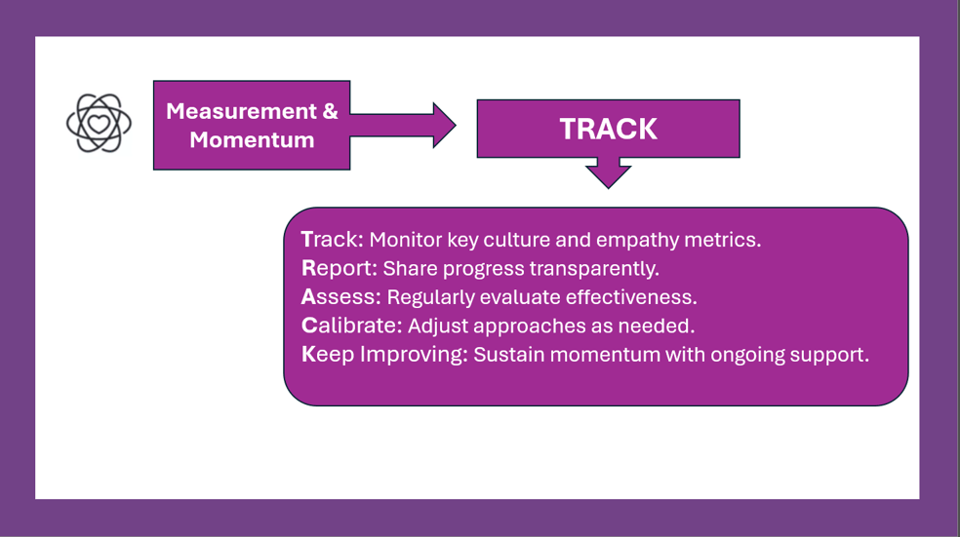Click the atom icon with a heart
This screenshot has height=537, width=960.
click(x=99, y=123)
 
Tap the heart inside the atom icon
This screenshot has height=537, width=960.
click(x=99, y=124)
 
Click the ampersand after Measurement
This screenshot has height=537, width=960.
click(x=330, y=111)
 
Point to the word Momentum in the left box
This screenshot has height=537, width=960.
click(x=252, y=140)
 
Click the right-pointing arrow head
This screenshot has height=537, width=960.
click(x=444, y=126)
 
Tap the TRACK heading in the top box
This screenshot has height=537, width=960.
click(x=608, y=129)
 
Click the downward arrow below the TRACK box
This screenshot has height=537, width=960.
click(x=608, y=173)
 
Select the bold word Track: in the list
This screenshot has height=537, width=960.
click(x=333, y=239)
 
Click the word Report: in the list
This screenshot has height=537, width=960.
click(x=340, y=269)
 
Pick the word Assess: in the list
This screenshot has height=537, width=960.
click(x=341, y=297)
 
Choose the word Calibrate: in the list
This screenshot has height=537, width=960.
click(x=351, y=326)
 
